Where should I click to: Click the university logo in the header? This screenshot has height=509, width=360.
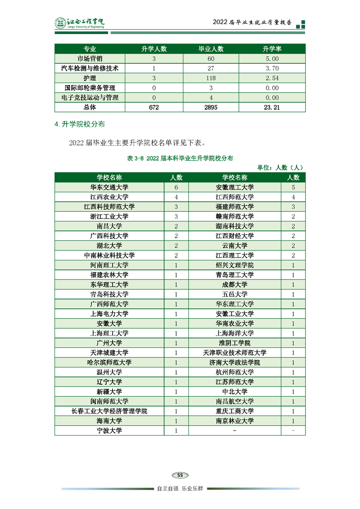(x=80, y=23)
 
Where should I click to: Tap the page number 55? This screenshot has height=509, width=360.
(x=180, y=475)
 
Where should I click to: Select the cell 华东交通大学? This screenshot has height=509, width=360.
(x=109, y=187)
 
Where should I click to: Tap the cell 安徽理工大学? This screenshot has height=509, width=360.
(x=235, y=187)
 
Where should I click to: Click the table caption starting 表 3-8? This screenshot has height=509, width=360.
(x=180, y=158)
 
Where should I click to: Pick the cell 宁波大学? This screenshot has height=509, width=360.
(x=109, y=431)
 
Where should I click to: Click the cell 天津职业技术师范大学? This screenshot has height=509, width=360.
(x=235, y=352)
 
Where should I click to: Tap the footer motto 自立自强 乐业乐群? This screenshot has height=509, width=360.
(x=180, y=489)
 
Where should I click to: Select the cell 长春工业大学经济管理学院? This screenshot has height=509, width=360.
(x=109, y=411)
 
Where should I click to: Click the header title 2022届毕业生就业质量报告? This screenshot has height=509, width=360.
(x=252, y=23)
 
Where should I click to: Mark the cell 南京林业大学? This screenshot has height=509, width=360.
(x=235, y=421)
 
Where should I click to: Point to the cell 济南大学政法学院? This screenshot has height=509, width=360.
(x=235, y=362)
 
